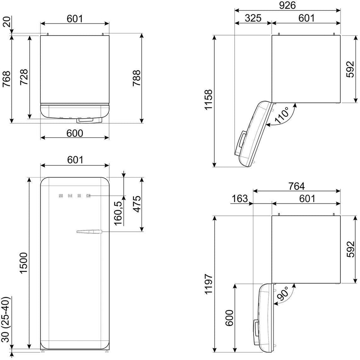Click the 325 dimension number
(x=253, y=18)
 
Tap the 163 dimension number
(x=240, y=199)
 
